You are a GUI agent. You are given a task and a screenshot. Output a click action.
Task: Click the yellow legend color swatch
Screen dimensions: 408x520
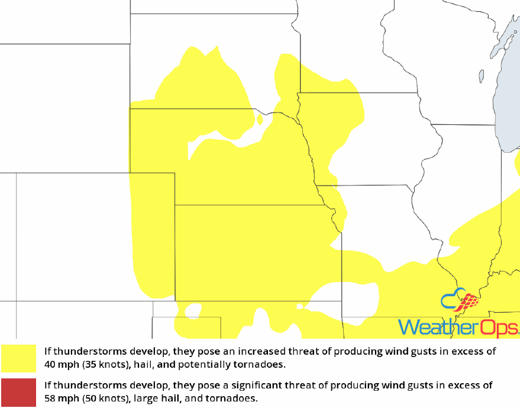point(18,358)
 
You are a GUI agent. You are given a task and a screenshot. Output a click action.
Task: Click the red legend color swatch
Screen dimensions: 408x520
point(18,392)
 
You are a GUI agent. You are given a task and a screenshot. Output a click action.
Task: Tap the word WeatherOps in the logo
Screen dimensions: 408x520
point(458,327)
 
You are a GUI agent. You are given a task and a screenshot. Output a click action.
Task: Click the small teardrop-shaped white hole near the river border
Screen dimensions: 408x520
point(260,118)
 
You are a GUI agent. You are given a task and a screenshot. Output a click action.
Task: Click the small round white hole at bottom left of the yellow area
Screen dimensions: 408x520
point(192,310)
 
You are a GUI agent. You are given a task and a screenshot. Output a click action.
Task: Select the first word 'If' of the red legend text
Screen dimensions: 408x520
point(47,385)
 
